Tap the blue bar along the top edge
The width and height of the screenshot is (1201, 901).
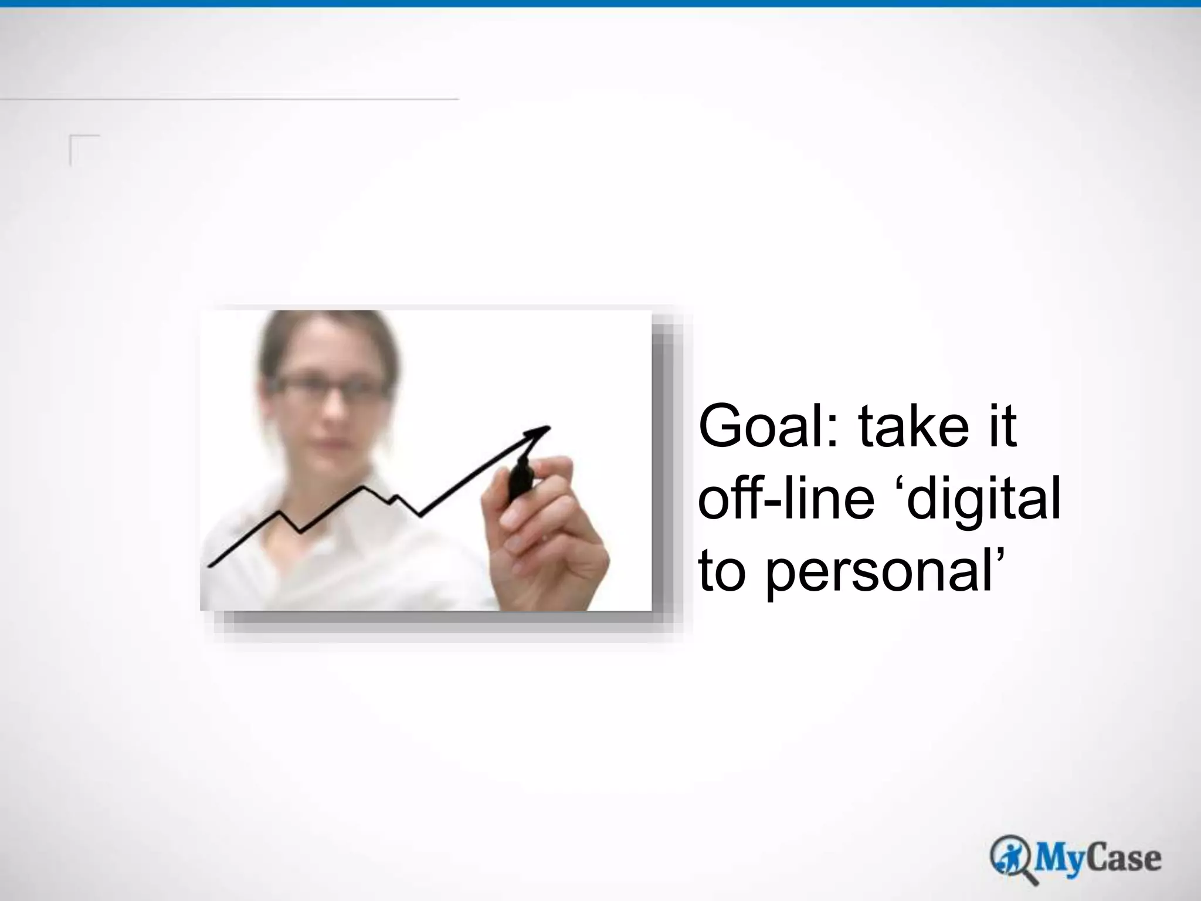click(600, 4)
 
